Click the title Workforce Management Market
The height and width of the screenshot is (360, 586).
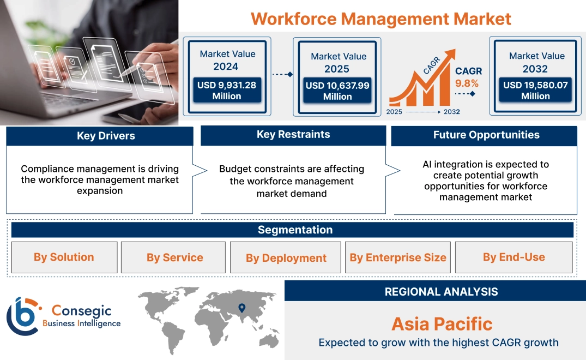[381, 19]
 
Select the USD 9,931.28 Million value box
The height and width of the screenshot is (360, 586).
[226, 90]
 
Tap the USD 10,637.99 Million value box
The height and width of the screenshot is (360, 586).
[337, 91]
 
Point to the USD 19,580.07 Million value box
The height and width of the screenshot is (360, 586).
[535, 90]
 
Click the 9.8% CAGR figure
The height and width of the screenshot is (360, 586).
[467, 83]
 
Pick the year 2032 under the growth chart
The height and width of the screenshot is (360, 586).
[451, 112]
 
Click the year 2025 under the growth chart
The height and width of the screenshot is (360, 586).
[395, 112]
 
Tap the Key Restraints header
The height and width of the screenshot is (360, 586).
[293, 135]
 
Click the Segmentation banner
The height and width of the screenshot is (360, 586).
[295, 230]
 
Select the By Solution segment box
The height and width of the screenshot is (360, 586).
[64, 257]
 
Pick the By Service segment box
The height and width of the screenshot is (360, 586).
[174, 257]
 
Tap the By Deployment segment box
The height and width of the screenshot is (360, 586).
[286, 258]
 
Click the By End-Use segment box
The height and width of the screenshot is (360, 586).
[513, 257]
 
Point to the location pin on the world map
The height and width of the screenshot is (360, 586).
[242, 308]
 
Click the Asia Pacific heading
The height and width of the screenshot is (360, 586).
[442, 324]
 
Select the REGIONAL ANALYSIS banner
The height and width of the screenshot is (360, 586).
[441, 291]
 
